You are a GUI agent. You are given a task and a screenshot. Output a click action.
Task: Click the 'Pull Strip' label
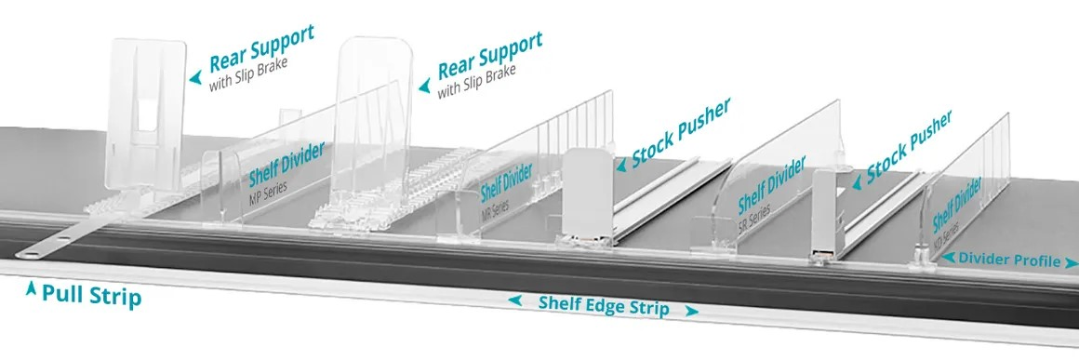coord(92,298)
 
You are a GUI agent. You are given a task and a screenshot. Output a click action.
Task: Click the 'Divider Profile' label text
coord(1004,260)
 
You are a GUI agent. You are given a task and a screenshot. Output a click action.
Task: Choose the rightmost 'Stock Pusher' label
coord(909,146)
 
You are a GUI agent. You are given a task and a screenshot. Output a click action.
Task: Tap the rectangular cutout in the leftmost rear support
coord(146,123)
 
